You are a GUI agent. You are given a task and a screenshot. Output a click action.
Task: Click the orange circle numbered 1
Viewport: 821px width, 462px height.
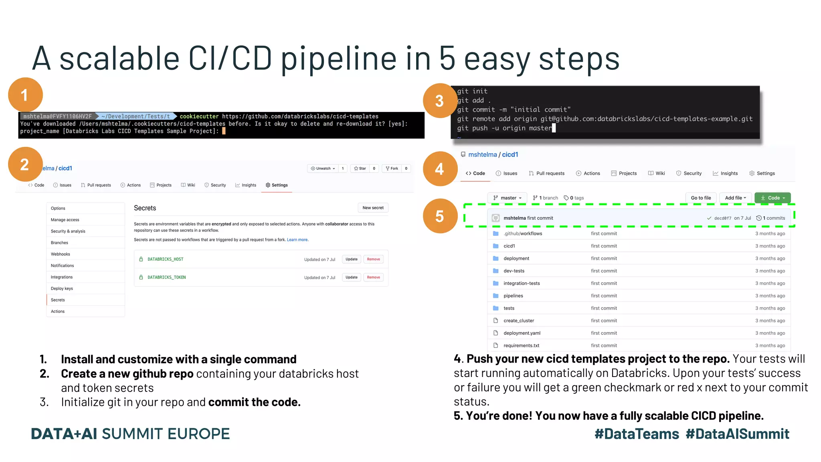[x=25, y=95]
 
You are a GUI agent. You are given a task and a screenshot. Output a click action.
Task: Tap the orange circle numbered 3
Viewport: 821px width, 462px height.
[x=440, y=101]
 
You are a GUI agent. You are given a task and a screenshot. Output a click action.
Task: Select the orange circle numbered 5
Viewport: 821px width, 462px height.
[x=440, y=216]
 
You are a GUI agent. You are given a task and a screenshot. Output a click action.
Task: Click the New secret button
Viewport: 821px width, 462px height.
[x=373, y=208]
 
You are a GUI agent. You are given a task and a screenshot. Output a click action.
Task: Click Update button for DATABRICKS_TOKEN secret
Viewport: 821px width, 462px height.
[x=352, y=278]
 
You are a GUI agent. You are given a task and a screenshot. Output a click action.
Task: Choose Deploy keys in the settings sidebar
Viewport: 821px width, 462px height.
[x=62, y=288]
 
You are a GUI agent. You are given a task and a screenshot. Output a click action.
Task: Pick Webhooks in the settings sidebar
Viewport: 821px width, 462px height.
[x=61, y=254]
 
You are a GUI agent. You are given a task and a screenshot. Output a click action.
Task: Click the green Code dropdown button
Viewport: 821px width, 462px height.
[x=772, y=198]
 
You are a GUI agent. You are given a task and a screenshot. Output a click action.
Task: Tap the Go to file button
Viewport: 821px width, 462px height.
[x=701, y=198]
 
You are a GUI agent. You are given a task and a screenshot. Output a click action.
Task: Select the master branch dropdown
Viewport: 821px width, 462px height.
[x=508, y=198]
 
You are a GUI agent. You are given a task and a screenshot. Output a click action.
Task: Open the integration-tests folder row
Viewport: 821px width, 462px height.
[x=522, y=283]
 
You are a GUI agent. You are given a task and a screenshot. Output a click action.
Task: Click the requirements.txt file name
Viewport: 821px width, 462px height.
[x=521, y=345]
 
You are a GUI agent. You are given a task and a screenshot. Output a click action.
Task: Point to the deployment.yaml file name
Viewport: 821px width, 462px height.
[x=522, y=333]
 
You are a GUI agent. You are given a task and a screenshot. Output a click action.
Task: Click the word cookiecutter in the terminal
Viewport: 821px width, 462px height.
[x=199, y=116]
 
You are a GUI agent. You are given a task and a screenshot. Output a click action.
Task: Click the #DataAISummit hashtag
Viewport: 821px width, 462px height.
[x=737, y=434]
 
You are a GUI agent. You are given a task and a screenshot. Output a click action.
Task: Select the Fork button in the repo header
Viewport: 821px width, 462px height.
[x=392, y=168]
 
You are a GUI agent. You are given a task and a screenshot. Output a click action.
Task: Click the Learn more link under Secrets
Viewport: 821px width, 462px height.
[x=297, y=240]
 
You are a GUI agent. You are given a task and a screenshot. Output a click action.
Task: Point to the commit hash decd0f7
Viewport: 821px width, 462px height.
[x=723, y=218]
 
